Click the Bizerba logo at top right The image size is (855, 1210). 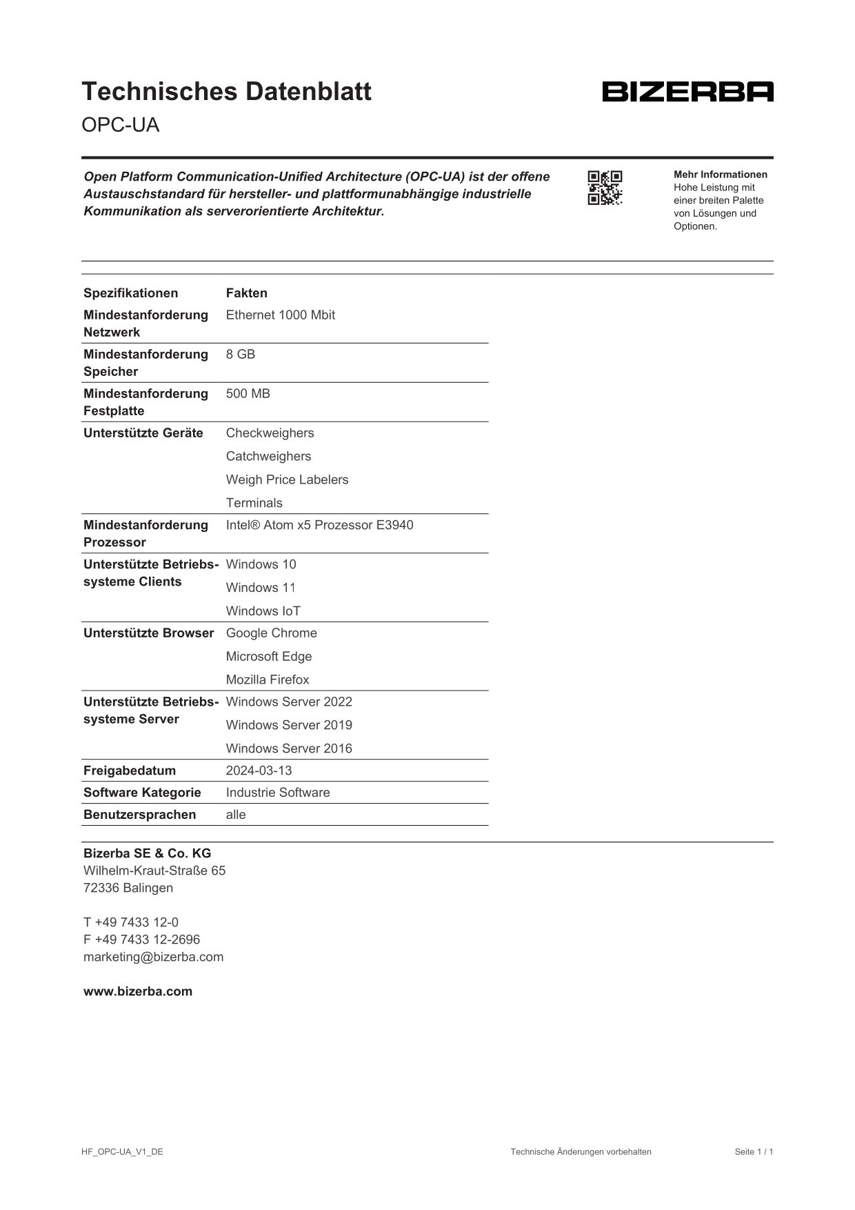tap(687, 92)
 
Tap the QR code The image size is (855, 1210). tap(605, 188)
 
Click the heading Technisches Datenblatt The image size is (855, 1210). tap(226, 92)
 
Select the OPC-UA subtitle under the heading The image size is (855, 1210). tap(120, 125)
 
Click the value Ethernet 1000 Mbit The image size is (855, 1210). tap(280, 315)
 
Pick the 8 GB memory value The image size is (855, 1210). tap(240, 355)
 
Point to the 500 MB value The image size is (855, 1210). tap(248, 394)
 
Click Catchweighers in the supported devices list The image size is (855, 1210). tap(268, 457)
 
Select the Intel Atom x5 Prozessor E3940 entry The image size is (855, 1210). tap(319, 525)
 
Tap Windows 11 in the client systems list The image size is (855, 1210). tap(261, 588)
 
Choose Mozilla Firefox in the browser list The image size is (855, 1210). tap(268, 680)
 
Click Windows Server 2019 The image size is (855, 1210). tap(289, 725)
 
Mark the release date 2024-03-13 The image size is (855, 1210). tap(259, 771)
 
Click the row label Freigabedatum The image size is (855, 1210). tap(130, 771)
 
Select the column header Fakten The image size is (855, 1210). tap(246, 293)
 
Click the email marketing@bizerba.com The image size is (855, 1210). tap(153, 957)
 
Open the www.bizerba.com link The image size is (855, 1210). tap(138, 991)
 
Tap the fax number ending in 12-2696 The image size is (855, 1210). tap(141, 940)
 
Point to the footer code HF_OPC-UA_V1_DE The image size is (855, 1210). tap(122, 1151)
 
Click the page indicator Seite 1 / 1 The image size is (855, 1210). tap(754, 1151)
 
